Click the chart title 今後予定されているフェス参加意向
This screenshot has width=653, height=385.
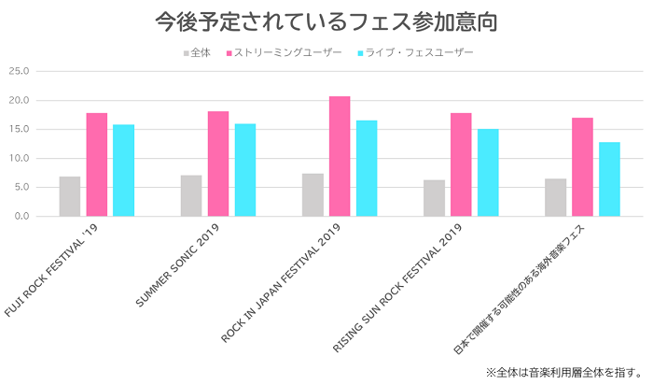(326, 21)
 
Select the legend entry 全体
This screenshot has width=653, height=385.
(197, 52)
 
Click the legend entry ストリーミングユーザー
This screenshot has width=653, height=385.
(284, 52)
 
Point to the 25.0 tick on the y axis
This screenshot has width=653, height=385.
(20, 71)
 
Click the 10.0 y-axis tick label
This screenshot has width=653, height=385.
(20, 158)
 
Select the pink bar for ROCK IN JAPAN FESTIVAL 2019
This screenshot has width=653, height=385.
(340, 156)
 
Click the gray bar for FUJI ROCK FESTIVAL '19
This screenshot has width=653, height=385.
(70, 196)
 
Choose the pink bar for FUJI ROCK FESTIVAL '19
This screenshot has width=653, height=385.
(97, 164)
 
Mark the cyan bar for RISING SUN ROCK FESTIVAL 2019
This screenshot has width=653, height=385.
(488, 172)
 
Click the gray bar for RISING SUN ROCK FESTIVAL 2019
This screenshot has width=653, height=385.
(434, 198)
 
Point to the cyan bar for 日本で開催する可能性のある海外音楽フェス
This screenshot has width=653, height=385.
(609, 178)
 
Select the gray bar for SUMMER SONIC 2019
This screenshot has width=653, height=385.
(191, 195)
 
